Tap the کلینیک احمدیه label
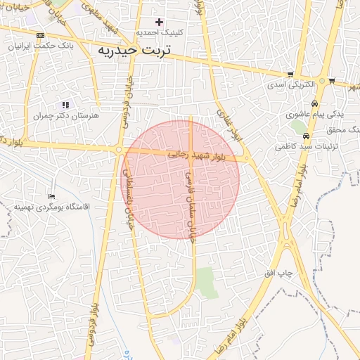pyautogui.click(x=160, y=33)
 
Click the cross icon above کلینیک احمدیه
pyautogui.click(x=159, y=22)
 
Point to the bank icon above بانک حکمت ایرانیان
pyautogui.click(x=40, y=35)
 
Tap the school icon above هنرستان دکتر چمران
pyautogui.click(x=66, y=105)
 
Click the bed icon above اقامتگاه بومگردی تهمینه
pyautogui.click(x=51, y=196)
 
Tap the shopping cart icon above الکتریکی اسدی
pyautogui.click(x=290, y=75)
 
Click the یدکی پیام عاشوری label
pyautogui.click(x=307, y=114)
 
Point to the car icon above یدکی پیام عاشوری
pyautogui.click(x=314, y=103)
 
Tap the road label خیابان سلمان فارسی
pyautogui.click(x=190, y=204)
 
